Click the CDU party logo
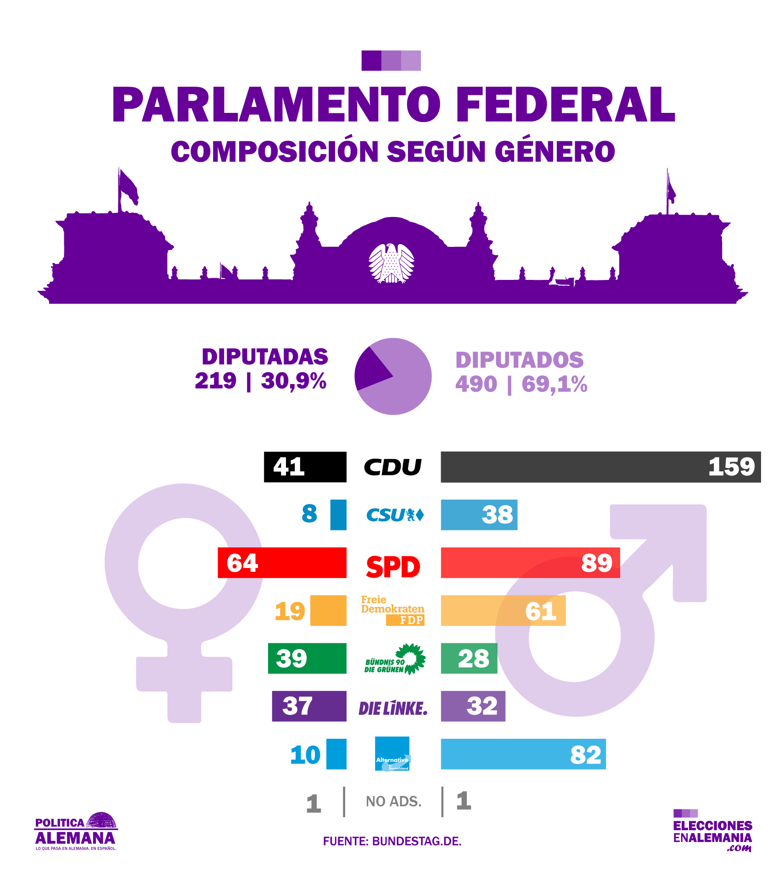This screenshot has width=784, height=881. pos(392,467)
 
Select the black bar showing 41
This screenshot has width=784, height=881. pos(305,467)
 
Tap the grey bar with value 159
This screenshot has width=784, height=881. pos(600,467)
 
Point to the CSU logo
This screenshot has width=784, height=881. pos(395,515)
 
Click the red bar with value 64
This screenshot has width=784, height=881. pos(282,563)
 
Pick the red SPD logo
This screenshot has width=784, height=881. pos(393,567)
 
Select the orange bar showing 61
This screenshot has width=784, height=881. pos(503,610)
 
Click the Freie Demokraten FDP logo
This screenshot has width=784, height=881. pos(392,610)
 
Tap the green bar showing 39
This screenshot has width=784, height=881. pos(307,658)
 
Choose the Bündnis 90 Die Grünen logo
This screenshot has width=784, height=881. pos(395,659)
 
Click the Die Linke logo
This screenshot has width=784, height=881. pos(393,708)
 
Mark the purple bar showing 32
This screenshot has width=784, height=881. pos(473,706)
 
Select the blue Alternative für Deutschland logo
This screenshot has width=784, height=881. pos(392,754)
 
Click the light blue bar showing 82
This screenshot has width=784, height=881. pos(523,754)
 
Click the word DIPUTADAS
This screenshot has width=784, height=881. pos(265,357)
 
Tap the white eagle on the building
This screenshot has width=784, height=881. pos(392,263)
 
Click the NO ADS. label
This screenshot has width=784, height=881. pos(393,802)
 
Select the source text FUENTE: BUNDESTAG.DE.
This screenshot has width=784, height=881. pos(392,841)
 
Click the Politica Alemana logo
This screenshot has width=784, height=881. pos(76,832)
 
